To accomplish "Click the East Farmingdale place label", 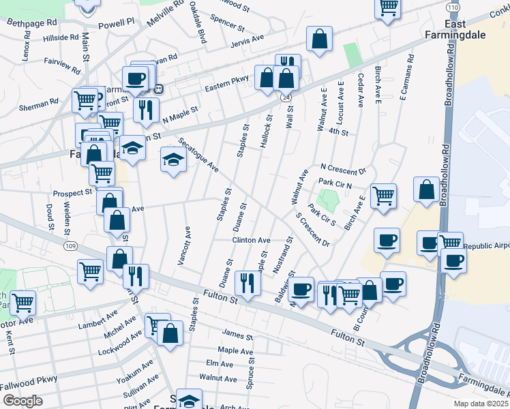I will tap(464, 30).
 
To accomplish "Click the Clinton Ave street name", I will tap(252, 241).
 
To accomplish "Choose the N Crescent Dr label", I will tap(343, 168).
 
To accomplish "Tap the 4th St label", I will tap(338, 131).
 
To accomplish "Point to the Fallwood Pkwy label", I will tap(29, 382).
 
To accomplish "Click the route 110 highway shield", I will tap(453, 6).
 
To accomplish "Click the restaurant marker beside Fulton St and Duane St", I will tap(247, 283).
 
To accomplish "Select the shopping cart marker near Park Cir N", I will tap(384, 195).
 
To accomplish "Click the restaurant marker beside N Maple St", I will tap(146, 109).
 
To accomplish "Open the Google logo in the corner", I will tap(22, 400).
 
